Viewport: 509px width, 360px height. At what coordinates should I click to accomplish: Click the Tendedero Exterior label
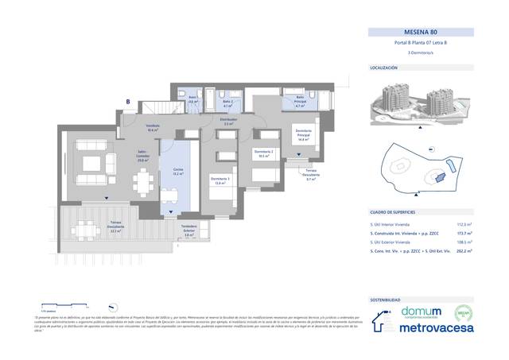tap(188, 232)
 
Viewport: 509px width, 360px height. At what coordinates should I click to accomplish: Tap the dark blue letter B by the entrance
tap(127, 101)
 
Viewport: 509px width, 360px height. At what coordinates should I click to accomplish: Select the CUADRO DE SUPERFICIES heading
tap(394, 212)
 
